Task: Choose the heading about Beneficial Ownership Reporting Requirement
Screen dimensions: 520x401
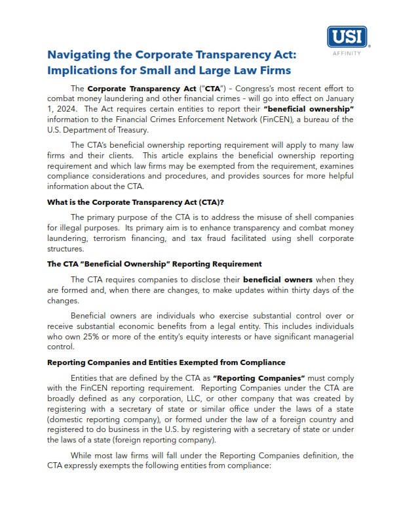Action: tap(154, 264)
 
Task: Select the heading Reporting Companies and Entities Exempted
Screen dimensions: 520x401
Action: tap(166, 362)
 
